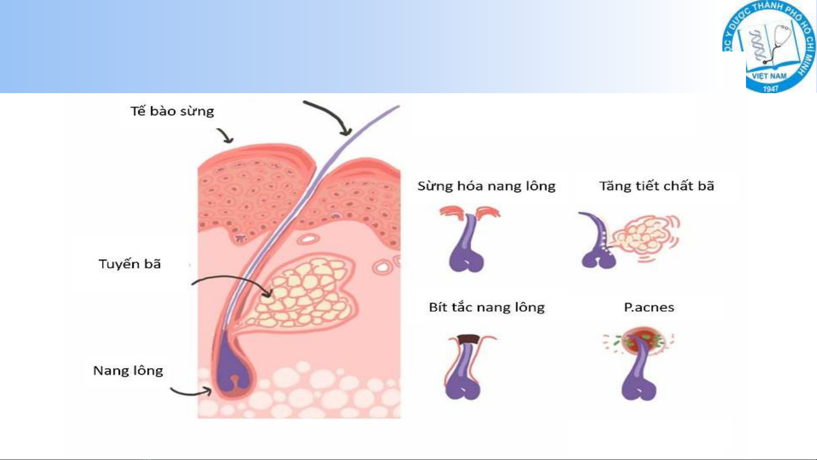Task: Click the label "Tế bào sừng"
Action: tap(172, 111)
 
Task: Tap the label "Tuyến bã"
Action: tap(130, 264)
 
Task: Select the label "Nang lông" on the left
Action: tap(128, 371)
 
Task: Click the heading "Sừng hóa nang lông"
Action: tap(487, 186)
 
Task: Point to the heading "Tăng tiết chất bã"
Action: tap(657, 186)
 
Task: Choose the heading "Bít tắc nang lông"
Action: tap(487, 307)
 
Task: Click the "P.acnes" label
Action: tap(649, 307)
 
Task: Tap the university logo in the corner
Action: tap(769, 47)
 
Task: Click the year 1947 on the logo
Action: tap(771, 89)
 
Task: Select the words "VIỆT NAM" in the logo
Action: tap(769, 77)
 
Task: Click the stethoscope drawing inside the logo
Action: tap(778, 43)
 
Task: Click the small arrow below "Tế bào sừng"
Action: tap(225, 135)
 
